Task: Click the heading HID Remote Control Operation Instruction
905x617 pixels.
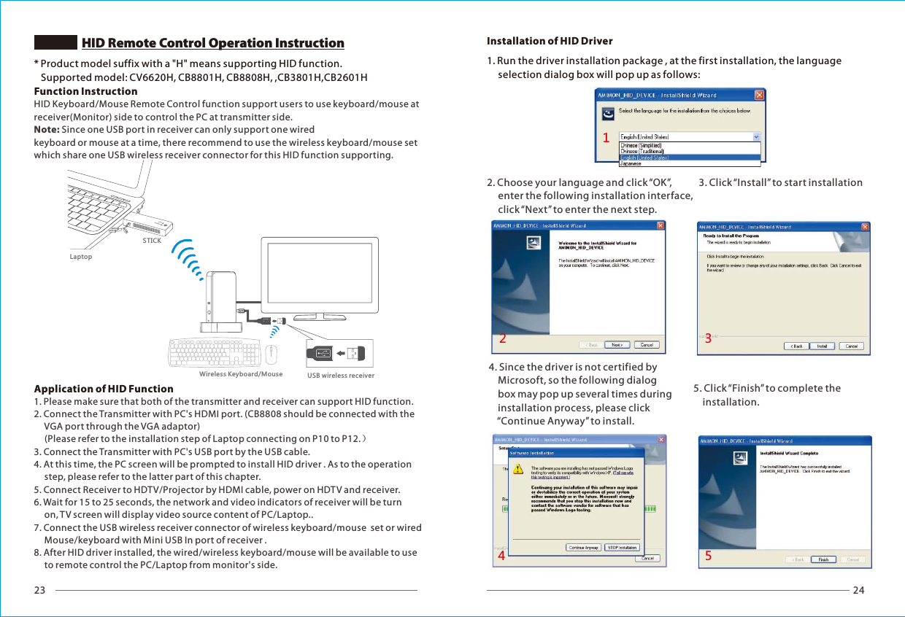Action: tap(212, 43)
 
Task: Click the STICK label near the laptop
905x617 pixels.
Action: tap(152, 241)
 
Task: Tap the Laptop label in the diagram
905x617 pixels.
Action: tap(81, 257)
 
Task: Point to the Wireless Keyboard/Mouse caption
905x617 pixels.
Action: tap(241, 374)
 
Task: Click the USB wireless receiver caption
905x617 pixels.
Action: tap(341, 376)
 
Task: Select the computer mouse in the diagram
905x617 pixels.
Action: tap(271, 354)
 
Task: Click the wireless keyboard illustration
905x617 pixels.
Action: tap(215, 354)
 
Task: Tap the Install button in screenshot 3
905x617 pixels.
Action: tap(821, 346)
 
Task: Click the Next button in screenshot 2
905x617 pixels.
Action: tap(617, 345)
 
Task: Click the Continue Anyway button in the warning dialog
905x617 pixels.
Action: tap(583, 547)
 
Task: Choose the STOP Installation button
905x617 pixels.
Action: tap(623, 547)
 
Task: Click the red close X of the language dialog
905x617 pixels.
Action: tap(759, 95)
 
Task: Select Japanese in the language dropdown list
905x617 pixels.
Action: tap(632, 164)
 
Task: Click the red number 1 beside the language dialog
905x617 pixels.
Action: tap(606, 137)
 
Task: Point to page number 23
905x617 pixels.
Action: tap(40, 590)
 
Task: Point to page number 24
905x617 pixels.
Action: tap(858, 590)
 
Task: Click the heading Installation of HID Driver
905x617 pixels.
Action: tap(550, 41)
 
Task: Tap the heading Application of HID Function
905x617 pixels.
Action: tap(104, 389)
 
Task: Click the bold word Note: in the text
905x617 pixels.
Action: tap(47, 129)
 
